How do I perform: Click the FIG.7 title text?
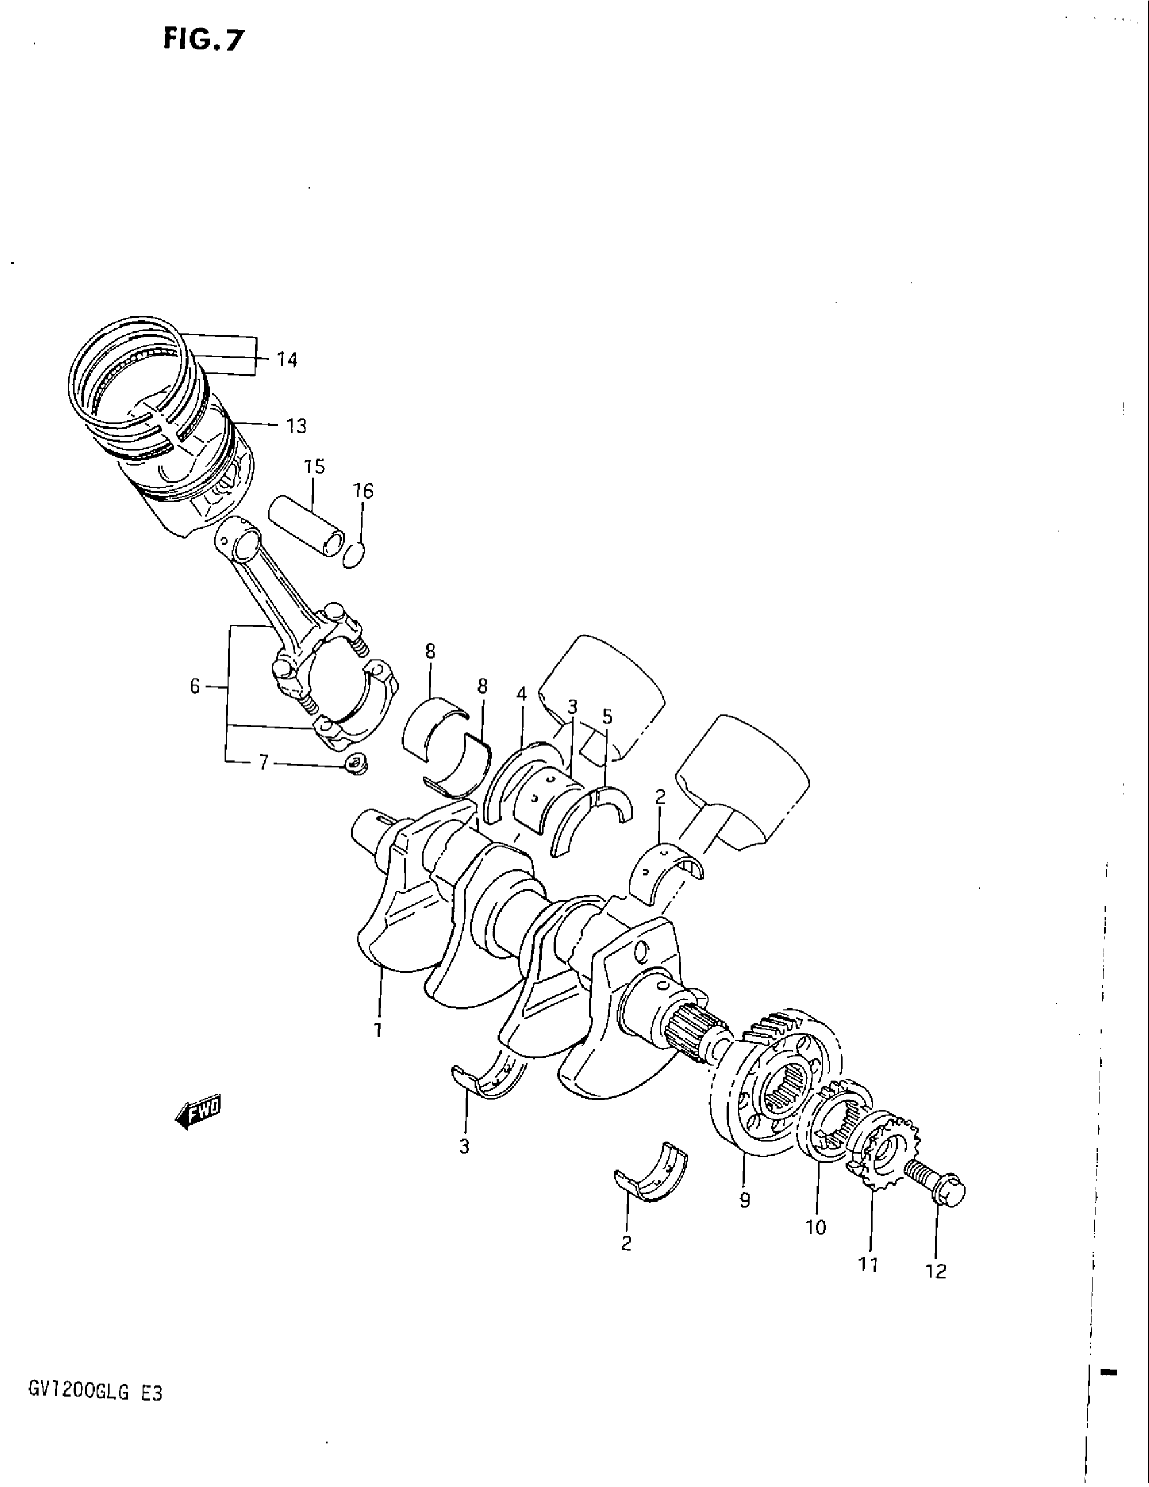click(202, 40)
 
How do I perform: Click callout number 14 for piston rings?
click(287, 360)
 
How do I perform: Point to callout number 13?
click(296, 426)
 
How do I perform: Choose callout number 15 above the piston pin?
click(314, 467)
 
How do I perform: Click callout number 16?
click(364, 491)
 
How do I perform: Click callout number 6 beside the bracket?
click(195, 686)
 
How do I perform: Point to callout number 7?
click(264, 763)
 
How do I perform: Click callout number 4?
click(521, 694)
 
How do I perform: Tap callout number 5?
click(607, 716)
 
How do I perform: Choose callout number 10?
click(816, 1227)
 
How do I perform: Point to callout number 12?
click(937, 1271)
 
